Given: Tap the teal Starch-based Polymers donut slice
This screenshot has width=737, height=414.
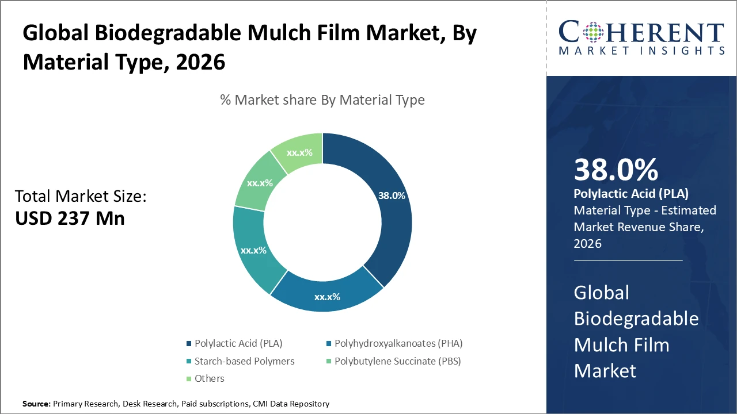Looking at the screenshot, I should [x=254, y=251].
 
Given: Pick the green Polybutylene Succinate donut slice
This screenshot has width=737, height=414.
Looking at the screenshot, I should [x=260, y=183].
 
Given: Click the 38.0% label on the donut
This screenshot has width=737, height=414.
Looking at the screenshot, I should [x=392, y=195].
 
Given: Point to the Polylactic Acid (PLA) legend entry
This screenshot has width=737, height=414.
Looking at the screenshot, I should [x=238, y=343].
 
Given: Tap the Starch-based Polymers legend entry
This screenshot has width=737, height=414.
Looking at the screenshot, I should [x=244, y=361].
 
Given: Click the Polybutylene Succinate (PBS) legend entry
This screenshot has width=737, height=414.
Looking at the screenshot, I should [x=397, y=361].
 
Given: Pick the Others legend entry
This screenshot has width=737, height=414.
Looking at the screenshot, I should [x=209, y=378].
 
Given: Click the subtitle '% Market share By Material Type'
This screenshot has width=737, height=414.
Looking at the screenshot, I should [x=322, y=100].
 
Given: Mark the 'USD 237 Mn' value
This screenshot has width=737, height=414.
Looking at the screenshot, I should [x=70, y=218].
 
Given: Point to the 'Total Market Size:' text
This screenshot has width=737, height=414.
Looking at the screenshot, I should [x=81, y=197].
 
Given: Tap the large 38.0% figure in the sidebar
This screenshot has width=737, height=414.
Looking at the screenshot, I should [x=616, y=170].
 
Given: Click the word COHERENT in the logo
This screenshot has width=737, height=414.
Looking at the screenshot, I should [x=641, y=33].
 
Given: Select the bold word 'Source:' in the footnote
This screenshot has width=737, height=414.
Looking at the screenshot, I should [x=36, y=404].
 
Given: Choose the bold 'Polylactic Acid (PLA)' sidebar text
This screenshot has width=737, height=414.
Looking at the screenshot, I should [x=631, y=194].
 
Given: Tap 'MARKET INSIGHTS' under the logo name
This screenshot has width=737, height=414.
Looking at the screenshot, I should [x=641, y=51].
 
